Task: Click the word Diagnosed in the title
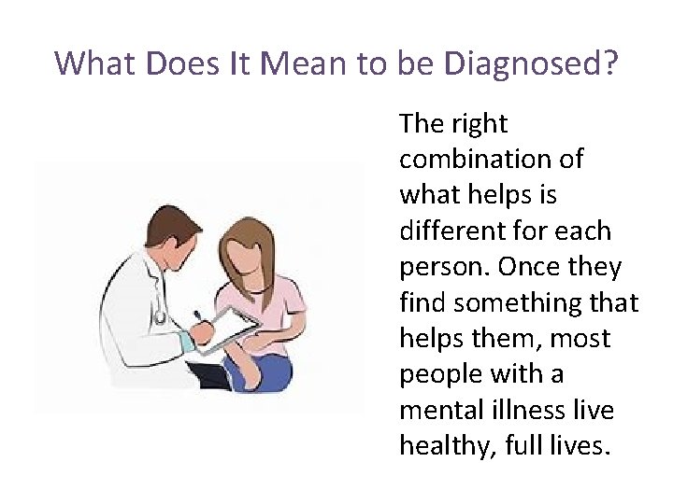click(x=532, y=63)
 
